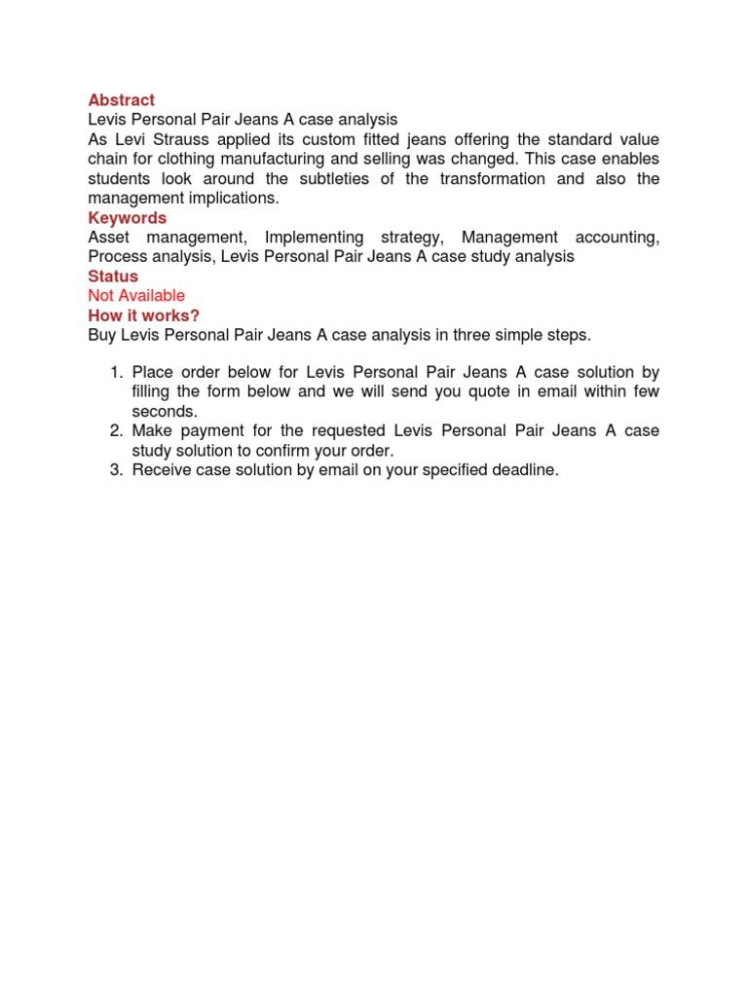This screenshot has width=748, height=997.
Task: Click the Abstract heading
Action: [121, 100]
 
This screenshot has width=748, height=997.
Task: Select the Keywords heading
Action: [127, 218]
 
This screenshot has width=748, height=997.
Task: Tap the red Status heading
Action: [113, 277]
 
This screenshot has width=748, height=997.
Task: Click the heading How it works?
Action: [143, 315]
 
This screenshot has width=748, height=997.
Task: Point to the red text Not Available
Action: [135, 296]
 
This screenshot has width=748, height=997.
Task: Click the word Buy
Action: [101, 335]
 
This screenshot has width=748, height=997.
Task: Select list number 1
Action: [114, 373]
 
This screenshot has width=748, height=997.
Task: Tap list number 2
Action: [114, 431]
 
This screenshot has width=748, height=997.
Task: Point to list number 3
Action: [114, 470]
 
